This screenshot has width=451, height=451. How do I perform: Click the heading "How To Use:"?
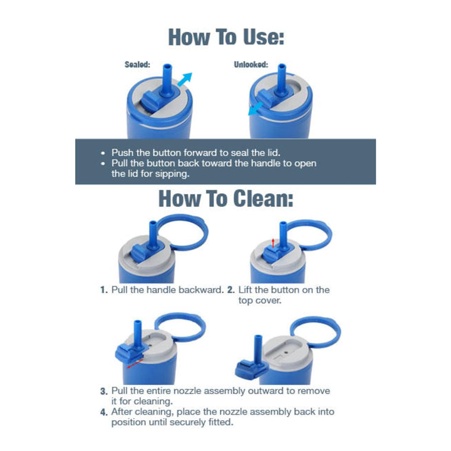coord(226,37)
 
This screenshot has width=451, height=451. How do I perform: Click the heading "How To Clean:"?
coord(225,199)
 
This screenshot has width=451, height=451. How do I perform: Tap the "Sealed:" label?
coord(137,65)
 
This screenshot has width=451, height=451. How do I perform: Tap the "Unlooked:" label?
coord(251,65)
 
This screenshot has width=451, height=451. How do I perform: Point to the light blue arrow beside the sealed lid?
coord(185,80)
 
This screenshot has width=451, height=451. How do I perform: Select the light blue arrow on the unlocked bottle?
coord(256,109)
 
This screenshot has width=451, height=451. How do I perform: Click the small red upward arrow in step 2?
coord(273,243)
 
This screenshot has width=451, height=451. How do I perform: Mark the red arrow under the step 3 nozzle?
coord(135,363)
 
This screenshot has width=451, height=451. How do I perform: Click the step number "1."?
coord(104,290)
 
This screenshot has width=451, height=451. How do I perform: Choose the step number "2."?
coord(231,290)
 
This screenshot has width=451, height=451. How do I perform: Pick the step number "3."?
coord(104,391)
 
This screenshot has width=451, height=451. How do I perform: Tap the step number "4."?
coord(104,412)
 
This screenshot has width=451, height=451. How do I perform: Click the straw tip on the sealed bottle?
coord(167,66)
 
